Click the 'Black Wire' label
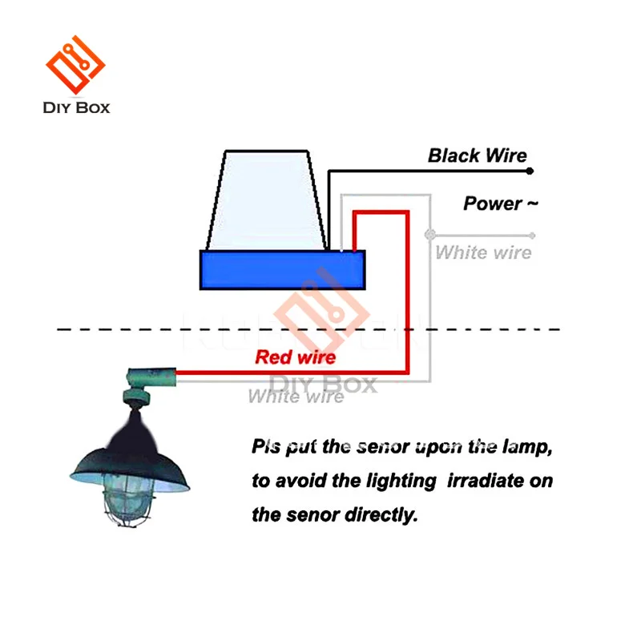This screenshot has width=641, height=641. tap(477, 155)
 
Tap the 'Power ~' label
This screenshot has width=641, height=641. tap(501, 204)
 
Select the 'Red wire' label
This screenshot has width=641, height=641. tap(295, 357)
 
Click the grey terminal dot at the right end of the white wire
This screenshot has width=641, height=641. tap(533, 236)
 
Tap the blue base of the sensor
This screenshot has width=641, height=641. tap(281, 269)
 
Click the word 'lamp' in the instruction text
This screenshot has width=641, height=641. tap(523, 446)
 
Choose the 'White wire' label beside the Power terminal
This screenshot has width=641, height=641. tap(483, 253)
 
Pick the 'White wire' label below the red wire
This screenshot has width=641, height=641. tap(296, 396)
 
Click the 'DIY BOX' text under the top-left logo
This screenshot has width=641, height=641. tap(77, 107)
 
